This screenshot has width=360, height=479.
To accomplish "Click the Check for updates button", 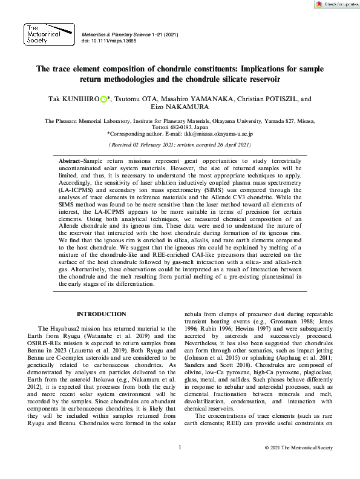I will (336, 4).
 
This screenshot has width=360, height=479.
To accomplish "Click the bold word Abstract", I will (70, 159).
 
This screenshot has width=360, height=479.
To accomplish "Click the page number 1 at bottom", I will (180, 464).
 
